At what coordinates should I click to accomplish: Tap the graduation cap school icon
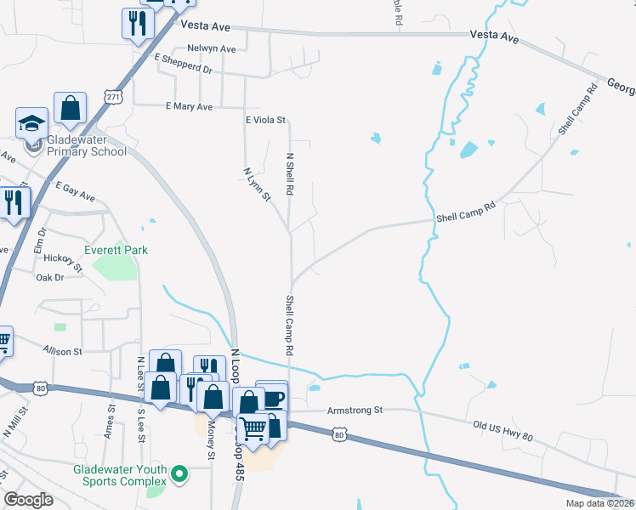pos(32,123)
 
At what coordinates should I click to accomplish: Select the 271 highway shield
pos(114,98)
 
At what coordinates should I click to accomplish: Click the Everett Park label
pos(116,250)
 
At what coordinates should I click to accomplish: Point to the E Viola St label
pos(266,122)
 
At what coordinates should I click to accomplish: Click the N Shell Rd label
pos(290,175)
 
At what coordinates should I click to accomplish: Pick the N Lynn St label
pos(257,185)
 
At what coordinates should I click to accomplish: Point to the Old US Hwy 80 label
pos(503,430)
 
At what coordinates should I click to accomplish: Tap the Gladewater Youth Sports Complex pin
pos(179,473)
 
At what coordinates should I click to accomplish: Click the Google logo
pos(30,499)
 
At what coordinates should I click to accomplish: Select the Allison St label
pos(63,350)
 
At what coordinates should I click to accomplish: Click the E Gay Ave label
pos(76,190)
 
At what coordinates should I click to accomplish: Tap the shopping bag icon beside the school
pos(70,109)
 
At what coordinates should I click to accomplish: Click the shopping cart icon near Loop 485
pos(253,430)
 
